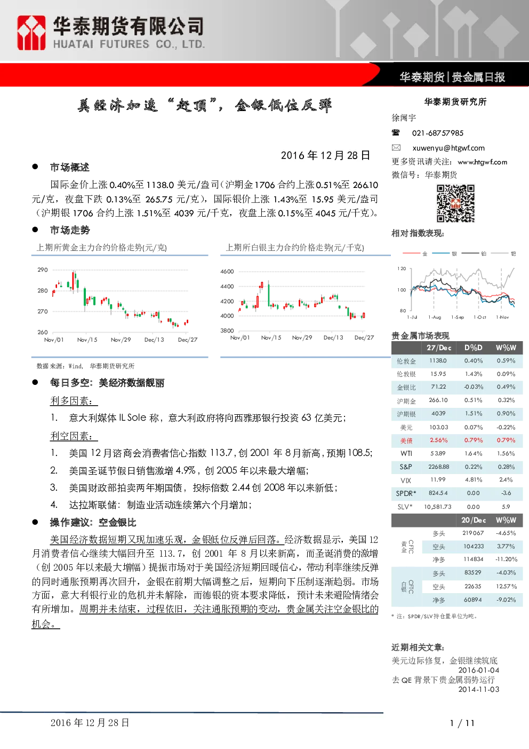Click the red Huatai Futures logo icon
[x=31, y=33]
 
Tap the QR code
[x=455, y=203]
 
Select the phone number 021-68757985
[x=437, y=133]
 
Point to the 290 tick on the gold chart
[x=43, y=270]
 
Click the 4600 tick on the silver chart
[x=227, y=271]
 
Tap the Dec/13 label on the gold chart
[x=154, y=340]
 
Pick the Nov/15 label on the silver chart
[x=271, y=338]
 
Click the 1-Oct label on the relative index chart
[x=480, y=317]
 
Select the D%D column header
[x=473, y=348]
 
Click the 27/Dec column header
[x=439, y=348]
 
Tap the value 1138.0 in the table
[x=438, y=360]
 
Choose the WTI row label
[x=406, y=453]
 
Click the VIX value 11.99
[x=438, y=479]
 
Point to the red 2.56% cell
[x=438, y=440]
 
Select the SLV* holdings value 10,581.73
[x=437, y=507]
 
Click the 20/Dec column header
[x=474, y=521]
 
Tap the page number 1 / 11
[x=462, y=723]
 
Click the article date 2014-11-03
[x=478, y=690]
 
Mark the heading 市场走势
[x=70, y=230]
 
